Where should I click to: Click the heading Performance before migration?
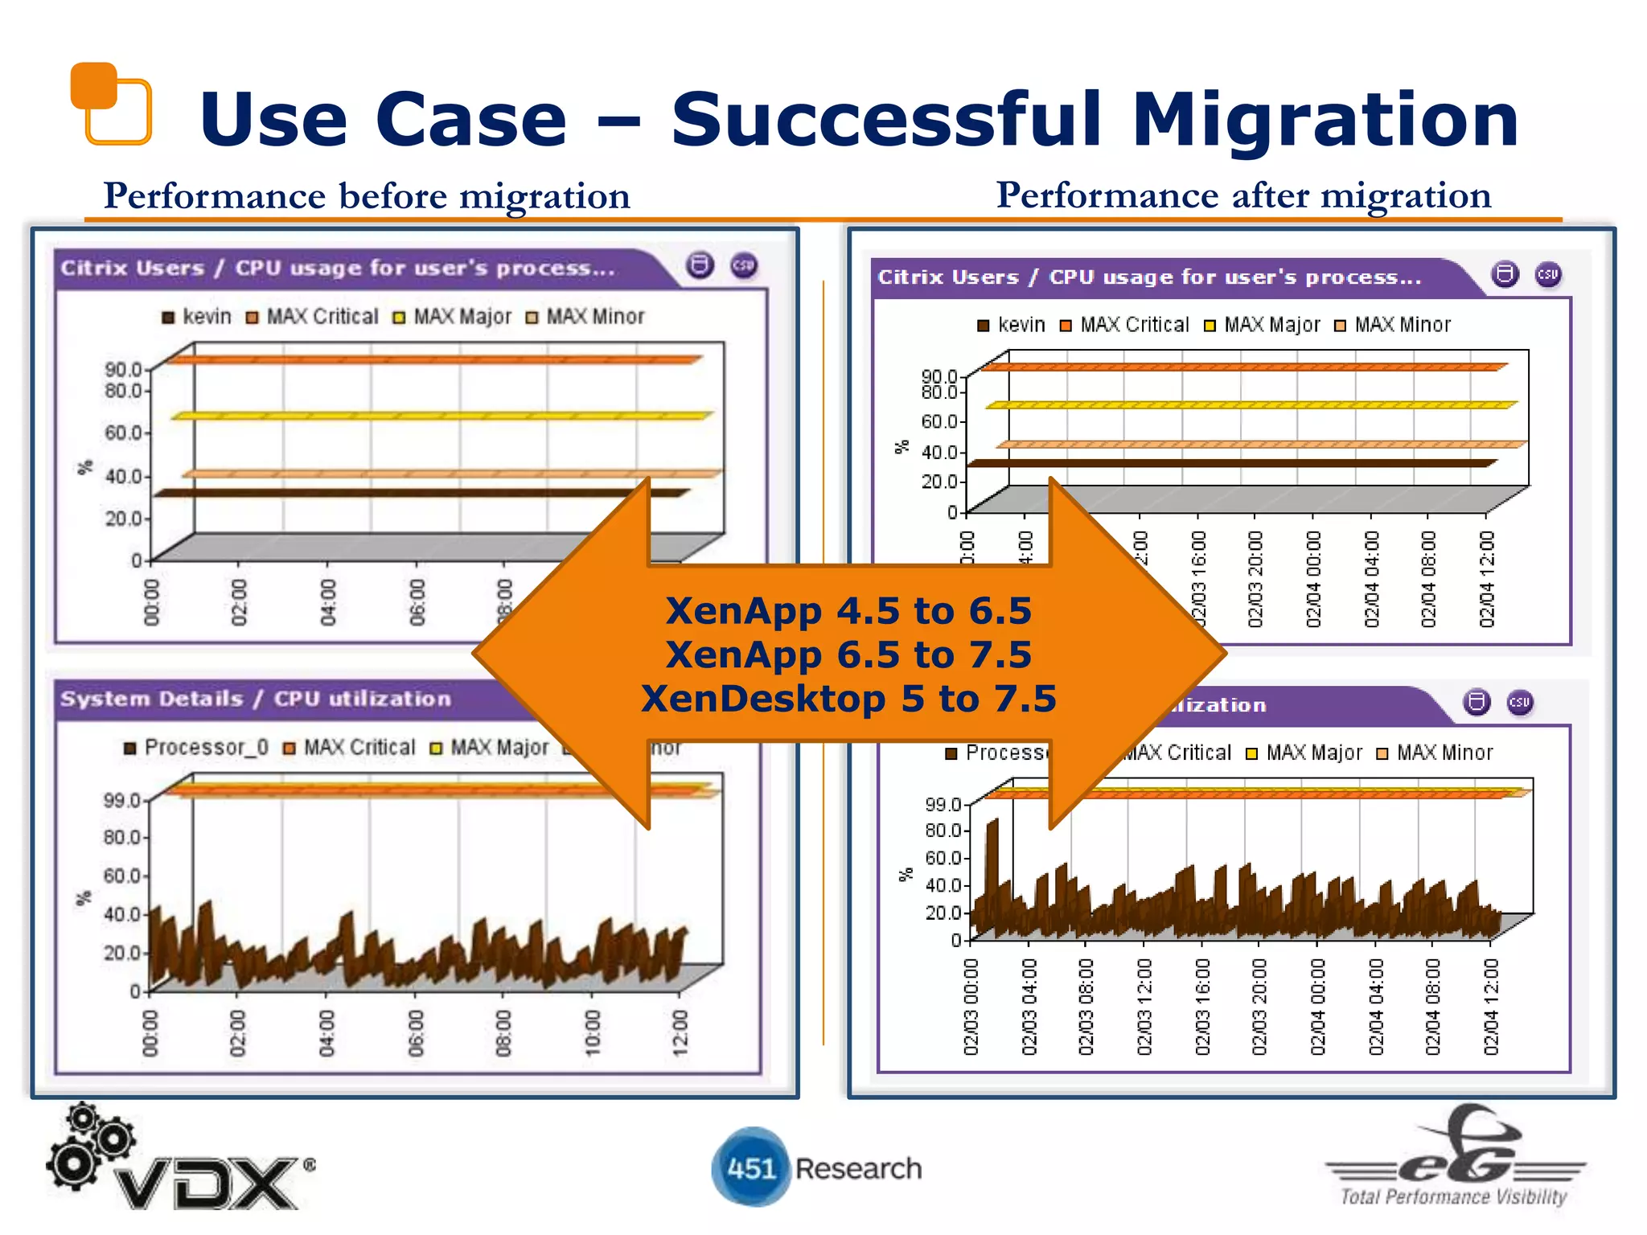click(x=367, y=196)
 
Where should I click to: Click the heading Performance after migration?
click(x=1243, y=195)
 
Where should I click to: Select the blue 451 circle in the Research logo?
click(x=750, y=1167)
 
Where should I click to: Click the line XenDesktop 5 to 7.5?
click(x=848, y=699)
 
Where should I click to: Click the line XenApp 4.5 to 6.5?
click(x=848, y=611)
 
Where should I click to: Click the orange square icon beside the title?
click(x=111, y=103)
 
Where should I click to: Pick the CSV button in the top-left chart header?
click(x=744, y=265)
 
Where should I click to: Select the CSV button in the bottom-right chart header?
click(x=1519, y=702)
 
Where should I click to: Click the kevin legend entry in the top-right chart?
click(x=1012, y=325)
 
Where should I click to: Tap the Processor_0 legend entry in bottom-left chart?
click(x=196, y=748)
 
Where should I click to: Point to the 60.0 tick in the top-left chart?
click(x=122, y=433)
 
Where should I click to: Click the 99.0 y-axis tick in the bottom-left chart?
click(x=121, y=800)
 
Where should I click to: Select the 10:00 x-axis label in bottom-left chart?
click(x=593, y=1033)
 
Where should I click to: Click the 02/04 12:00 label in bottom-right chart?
click(x=1491, y=1007)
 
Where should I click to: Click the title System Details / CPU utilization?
click(x=256, y=699)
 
